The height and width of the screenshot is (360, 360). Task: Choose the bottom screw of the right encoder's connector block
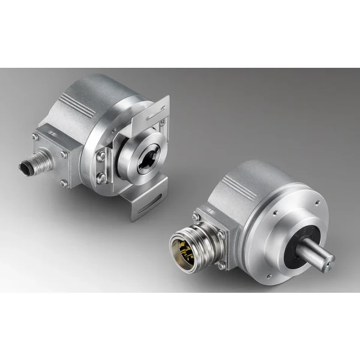[223, 265]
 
